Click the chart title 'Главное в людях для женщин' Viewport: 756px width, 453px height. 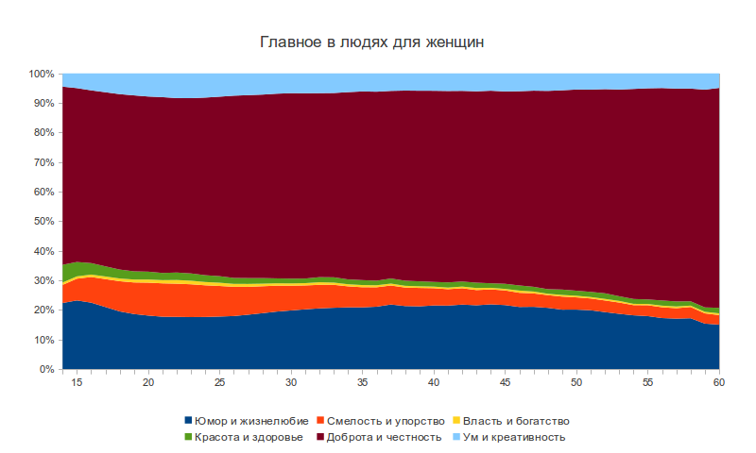click(378, 43)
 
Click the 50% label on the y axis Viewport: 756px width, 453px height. click(43, 222)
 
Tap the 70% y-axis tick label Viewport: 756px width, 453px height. click(43, 162)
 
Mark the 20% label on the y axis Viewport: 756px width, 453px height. click(43, 310)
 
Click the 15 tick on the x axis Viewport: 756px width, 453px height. click(77, 383)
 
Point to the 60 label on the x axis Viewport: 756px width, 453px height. click(719, 383)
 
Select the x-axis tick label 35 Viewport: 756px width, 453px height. click(362, 383)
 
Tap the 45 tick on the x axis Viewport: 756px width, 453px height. click(505, 383)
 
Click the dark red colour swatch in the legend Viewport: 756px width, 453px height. click(322, 437)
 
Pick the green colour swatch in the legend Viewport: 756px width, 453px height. click(189, 437)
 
